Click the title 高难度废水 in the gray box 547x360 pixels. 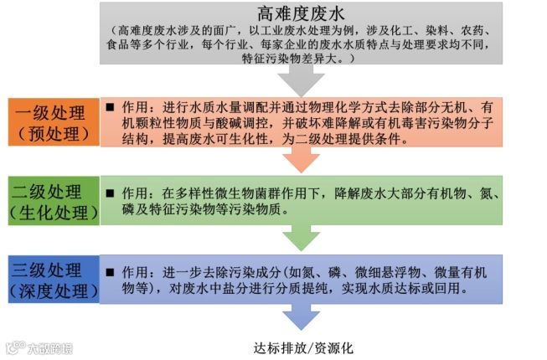(301, 14)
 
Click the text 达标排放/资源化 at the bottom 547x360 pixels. (302, 347)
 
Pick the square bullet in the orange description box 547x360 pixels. (110, 108)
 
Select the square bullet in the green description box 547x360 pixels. (110, 193)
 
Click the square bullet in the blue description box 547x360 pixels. (110, 273)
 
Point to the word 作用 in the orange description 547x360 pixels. (135, 108)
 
